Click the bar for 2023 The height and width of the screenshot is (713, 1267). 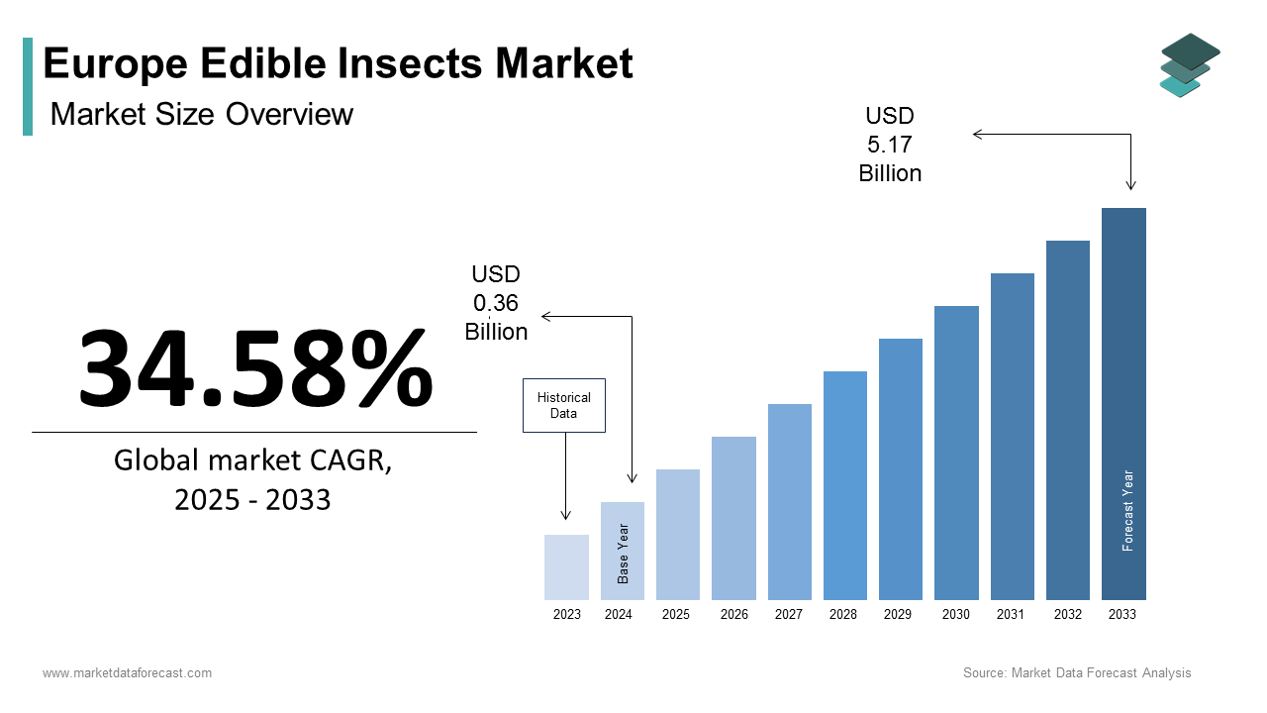tap(566, 567)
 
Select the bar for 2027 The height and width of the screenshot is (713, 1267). tap(789, 501)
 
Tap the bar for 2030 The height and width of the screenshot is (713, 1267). tap(956, 453)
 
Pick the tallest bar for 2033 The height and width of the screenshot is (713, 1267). tap(1123, 403)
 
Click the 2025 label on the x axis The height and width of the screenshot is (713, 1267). tap(676, 615)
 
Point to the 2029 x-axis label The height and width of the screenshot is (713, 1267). tap(898, 615)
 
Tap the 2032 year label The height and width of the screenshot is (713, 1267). tap(1067, 615)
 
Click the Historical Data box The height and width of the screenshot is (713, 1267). tap(563, 405)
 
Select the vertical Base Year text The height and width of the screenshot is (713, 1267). tap(624, 554)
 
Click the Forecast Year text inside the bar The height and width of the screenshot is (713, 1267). tap(1127, 510)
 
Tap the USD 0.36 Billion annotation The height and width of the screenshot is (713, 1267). tap(496, 303)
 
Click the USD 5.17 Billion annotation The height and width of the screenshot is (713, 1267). tap(890, 146)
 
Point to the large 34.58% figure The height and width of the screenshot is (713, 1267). tap(255, 368)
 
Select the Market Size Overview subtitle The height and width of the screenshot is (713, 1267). tap(201, 114)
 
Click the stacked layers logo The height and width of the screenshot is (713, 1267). tap(1190, 65)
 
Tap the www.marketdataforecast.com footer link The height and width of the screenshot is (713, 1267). tap(127, 673)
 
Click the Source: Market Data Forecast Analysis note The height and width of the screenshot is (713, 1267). tap(1077, 673)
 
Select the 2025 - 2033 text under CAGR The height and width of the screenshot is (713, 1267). tap(252, 500)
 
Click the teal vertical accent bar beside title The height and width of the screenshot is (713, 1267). tap(28, 86)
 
